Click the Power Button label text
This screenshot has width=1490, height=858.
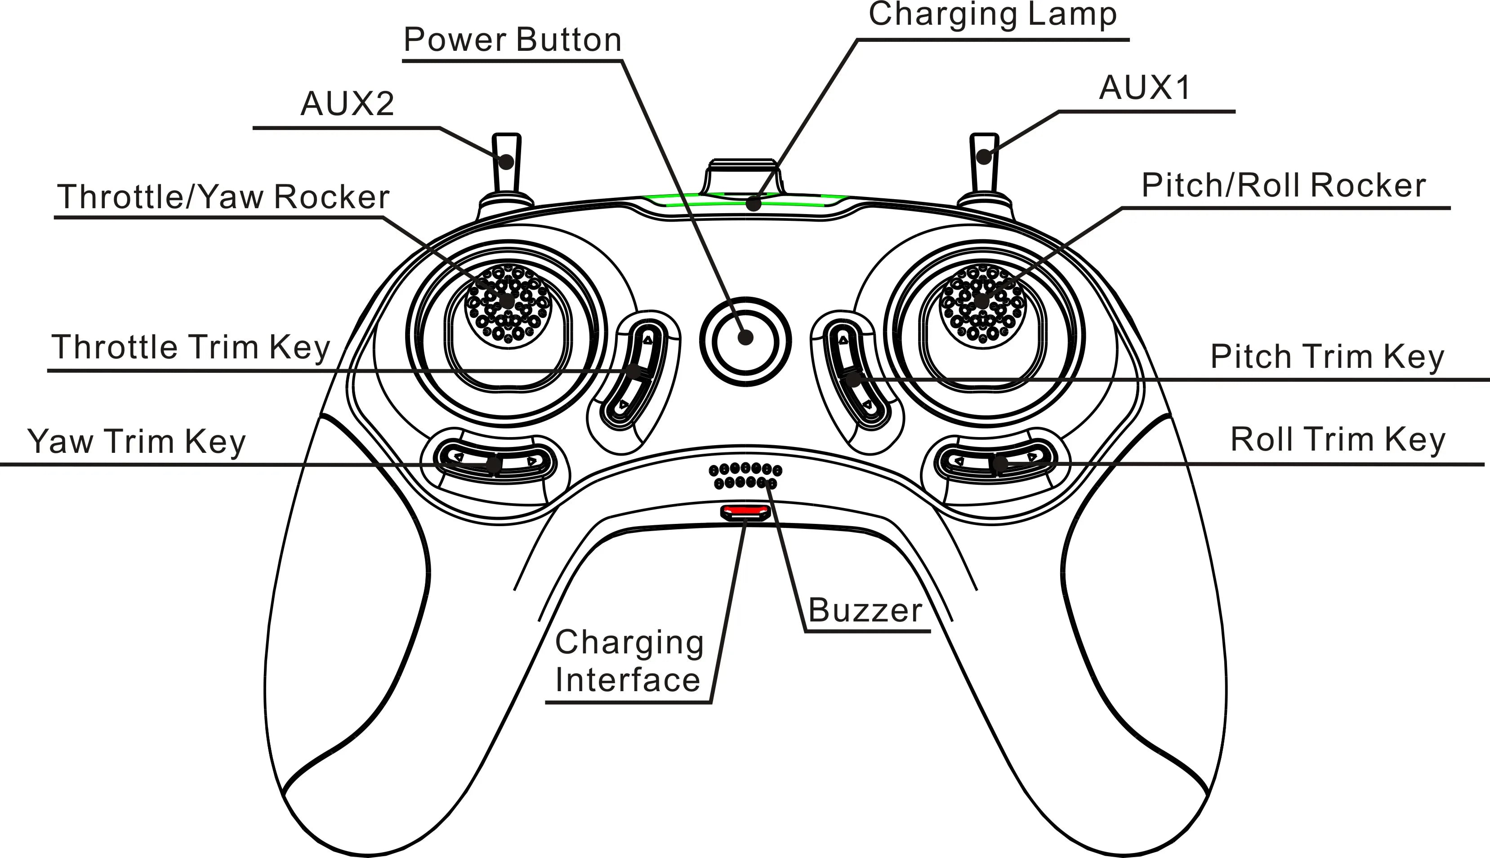[512, 40]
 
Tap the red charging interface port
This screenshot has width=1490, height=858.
[745, 511]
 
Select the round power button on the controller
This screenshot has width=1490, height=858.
[745, 340]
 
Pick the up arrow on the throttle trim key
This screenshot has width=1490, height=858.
[648, 340]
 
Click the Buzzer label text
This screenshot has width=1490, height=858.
[864, 611]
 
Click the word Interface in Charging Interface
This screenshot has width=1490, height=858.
[628, 680]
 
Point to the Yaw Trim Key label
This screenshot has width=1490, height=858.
[136, 442]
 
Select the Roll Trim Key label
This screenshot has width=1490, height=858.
[1338, 440]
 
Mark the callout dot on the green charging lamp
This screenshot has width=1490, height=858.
[753, 204]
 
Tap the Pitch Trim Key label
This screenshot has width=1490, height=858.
[1327, 357]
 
